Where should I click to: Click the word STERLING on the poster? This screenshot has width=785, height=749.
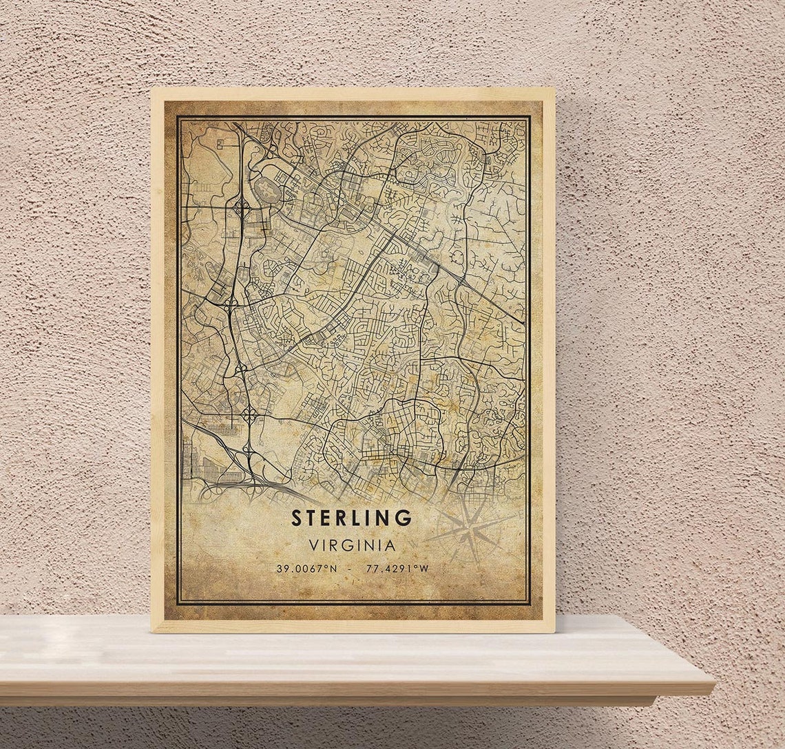[x=351, y=518]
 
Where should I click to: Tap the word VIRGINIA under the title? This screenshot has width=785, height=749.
[x=353, y=545]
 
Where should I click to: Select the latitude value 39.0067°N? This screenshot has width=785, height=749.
[x=307, y=569]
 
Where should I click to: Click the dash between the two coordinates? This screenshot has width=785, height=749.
[x=351, y=569]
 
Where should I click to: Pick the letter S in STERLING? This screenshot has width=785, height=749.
[x=297, y=518]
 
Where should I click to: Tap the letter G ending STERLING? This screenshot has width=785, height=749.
[x=404, y=518]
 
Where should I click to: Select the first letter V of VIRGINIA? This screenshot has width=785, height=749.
[x=313, y=545]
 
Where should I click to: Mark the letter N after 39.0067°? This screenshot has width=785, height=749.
[x=334, y=569]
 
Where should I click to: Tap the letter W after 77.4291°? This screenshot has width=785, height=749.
[x=424, y=569]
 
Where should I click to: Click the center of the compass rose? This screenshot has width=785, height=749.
[x=470, y=531]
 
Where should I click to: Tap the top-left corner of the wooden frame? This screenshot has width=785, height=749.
[x=152, y=89]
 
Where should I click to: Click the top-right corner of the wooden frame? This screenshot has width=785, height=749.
[x=554, y=89]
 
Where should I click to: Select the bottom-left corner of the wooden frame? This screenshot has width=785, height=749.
[x=152, y=631]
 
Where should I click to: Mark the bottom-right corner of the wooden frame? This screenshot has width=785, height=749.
[x=554, y=631]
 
